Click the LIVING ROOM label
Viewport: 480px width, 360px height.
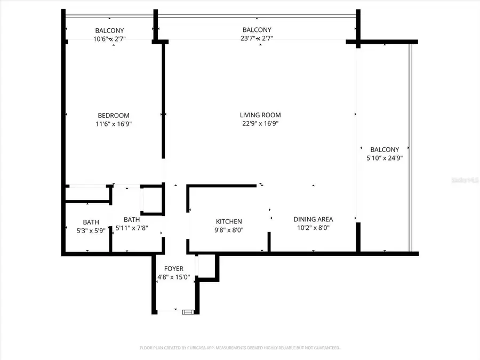click(x=260, y=115)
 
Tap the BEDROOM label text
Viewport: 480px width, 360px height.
click(x=113, y=115)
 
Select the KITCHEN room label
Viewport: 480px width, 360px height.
click(x=229, y=221)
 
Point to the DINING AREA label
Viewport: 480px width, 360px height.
click(x=313, y=219)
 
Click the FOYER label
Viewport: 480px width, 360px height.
click(x=174, y=268)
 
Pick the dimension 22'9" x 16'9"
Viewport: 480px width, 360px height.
click(x=260, y=124)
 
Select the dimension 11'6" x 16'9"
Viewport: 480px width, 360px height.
click(x=113, y=124)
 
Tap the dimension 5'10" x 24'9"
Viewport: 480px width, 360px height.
click(x=384, y=158)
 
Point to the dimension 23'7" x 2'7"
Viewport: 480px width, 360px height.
click(x=257, y=39)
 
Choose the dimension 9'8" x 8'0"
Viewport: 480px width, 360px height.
click(x=229, y=230)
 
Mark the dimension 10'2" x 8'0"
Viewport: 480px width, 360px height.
click(x=313, y=228)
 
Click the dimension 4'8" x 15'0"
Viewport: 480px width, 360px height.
click(x=174, y=277)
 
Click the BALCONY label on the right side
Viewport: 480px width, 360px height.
click(x=384, y=150)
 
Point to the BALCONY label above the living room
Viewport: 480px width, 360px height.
click(x=257, y=30)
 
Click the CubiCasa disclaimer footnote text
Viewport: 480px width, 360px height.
click(x=239, y=348)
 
